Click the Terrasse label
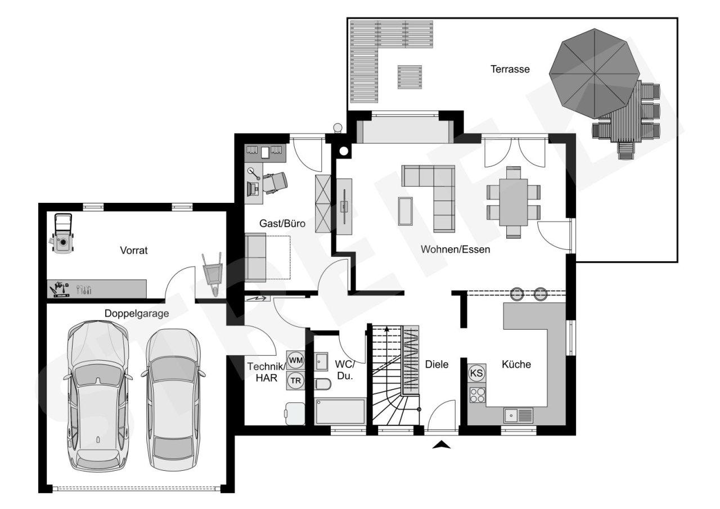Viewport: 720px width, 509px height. click(510, 69)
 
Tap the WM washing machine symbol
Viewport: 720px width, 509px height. click(295, 360)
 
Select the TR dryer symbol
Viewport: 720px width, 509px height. click(295, 381)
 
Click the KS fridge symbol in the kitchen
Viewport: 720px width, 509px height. click(476, 372)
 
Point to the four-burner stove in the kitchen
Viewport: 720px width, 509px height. click(477, 395)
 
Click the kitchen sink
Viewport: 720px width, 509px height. click(518, 415)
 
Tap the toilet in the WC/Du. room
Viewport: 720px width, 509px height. click(323, 384)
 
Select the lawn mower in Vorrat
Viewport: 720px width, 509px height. click(63, 233)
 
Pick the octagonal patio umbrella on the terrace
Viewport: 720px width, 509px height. click(594, 74)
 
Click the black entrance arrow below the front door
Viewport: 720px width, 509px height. click(442, 445)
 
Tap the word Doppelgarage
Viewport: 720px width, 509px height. click(137, 313)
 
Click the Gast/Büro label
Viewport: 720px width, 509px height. click(282, 224)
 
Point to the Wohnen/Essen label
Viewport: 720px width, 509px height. click(456, 249)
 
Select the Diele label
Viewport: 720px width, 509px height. click(436, 364)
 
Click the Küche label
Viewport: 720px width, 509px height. click(516, 364)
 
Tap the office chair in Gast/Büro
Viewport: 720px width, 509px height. click(275, 183)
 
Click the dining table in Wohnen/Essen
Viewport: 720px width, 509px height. click(514, 202)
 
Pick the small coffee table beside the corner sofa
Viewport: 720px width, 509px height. click(406, 211)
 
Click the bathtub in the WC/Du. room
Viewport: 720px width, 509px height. click(340, 411)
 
